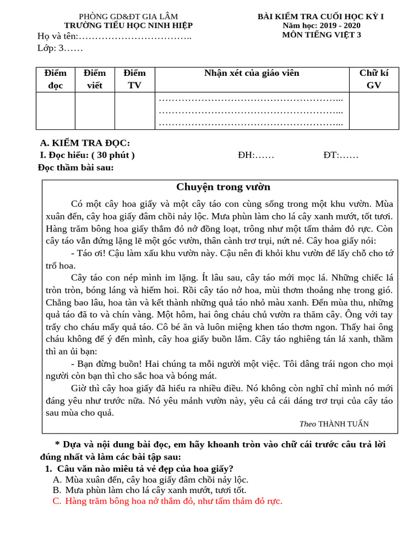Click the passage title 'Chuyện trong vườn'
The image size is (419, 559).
(x=223, y=187)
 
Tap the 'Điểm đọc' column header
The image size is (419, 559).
(x=56, y=79)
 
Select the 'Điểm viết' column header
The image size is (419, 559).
(x=95, y=79)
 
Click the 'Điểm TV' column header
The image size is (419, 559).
(x=135, y=79)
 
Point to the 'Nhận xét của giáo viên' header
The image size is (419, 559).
(x=252, y=73)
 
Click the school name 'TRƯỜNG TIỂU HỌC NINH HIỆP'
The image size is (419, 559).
(x=128, y=26)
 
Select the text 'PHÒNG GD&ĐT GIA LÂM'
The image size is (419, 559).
(x=128, y=16)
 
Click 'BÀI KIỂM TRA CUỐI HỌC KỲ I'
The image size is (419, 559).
(x=321, y=16)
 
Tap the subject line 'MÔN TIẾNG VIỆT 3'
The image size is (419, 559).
(x=321, y=35)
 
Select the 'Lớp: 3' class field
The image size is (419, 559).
(x=60, y=48)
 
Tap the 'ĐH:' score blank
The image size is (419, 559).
(x=256, y=155)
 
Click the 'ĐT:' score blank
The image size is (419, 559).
(x=340, y=155)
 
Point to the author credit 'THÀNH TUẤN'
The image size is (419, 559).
(x=343, y=424)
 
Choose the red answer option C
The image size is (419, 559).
(x=167, y=501)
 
